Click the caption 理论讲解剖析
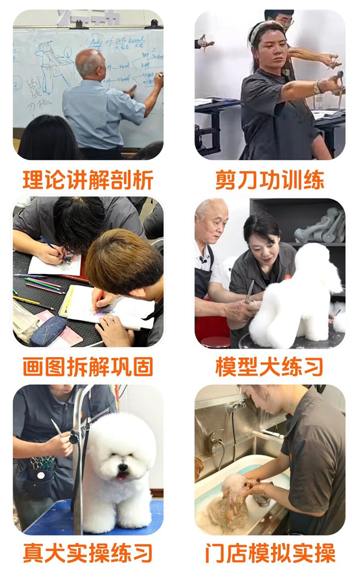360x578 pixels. tap(88, 179)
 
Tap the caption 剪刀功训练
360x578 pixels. tap(270, 179)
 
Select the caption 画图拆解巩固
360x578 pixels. tap(88, 366)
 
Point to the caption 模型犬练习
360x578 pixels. tap(270, 366)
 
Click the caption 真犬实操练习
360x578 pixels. tap(88, 553)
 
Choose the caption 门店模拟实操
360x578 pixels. tap(270, 553)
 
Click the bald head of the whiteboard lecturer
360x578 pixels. tap(91, 62)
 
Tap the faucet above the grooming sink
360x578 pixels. tap(236, 407)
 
